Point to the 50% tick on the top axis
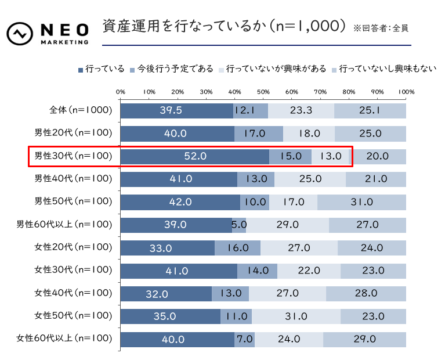pos(263,92)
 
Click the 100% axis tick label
pos(406,92)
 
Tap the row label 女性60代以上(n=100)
pos(64,339)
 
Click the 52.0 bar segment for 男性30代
pos(194,156)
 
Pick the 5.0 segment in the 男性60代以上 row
pos(238,225)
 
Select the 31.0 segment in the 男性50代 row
pos(361,201)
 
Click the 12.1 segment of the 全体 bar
pos(251,110)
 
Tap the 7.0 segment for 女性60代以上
pos(244,339)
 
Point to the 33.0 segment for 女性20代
pos(168,247)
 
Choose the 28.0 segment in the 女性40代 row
pos(366,293)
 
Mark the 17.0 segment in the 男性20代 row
pos(259,133)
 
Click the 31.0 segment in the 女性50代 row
pos(296,316)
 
